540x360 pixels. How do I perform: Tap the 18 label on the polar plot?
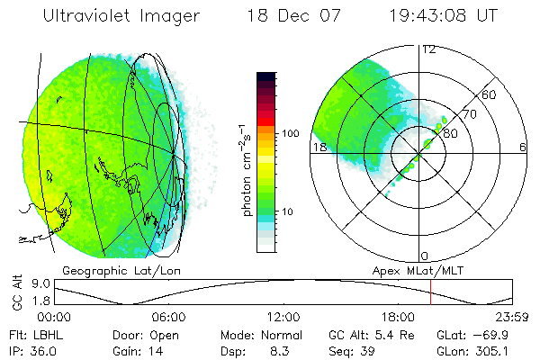point(319,147)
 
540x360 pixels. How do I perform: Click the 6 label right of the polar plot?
point(523,147)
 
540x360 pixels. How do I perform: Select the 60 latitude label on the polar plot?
point(490,94)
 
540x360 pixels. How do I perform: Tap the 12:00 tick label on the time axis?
point(283,317)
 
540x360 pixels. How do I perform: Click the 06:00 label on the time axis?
point(168,317)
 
